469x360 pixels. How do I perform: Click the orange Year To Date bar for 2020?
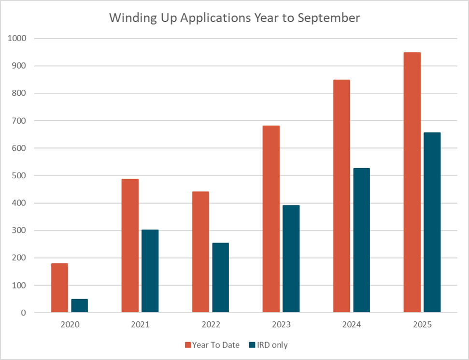tap(59, 288)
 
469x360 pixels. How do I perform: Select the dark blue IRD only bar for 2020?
tap(80, 306)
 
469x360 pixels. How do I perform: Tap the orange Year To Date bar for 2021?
tap(130, 246)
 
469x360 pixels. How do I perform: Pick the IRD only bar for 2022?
tap(220, 278)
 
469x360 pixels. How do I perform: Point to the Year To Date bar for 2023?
tap(271, 219)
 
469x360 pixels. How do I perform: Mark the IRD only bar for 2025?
tap(432, 223)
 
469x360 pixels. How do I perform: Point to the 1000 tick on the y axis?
tap(18, 38)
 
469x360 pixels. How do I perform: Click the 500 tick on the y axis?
tap(20, 175)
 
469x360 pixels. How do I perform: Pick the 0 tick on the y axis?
tap(24, 313)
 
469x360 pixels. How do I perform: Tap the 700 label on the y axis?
tap(20, 121)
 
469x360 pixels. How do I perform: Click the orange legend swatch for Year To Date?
tap(188, 345)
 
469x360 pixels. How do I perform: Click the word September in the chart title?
tap(329, 18)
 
